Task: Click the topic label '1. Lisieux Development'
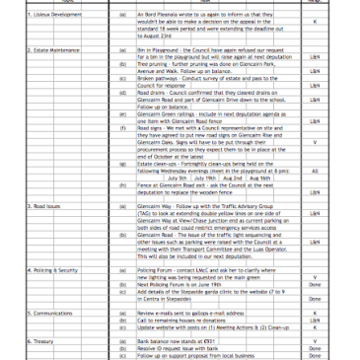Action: (31, 19)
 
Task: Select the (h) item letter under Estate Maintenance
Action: (121, 185)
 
